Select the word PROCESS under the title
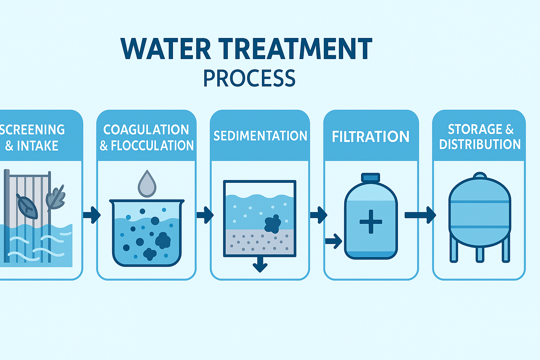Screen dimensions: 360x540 tap(249, 78)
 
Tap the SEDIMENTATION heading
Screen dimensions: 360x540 tap(260, 136)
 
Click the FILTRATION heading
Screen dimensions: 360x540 tap(371, 137)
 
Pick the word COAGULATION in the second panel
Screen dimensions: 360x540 tap(146, 130)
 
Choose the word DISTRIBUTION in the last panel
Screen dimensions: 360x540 tap(480, 144)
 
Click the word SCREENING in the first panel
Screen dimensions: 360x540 tap(32, 130)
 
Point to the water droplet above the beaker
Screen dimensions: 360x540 tap(147, 184)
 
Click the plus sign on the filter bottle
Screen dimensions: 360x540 tap(371, 221)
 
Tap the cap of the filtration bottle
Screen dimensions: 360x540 tap(371, 178)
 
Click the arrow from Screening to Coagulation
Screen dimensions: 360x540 tap(92, 214)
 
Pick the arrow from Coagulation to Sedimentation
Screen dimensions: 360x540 tap(205, 214)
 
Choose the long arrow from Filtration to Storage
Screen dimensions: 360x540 tap(420, 215)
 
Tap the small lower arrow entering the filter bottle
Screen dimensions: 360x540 tap(334, 241)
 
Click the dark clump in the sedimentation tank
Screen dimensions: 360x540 tap(272, 224)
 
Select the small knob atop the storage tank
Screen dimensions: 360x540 tap(480, 175)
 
